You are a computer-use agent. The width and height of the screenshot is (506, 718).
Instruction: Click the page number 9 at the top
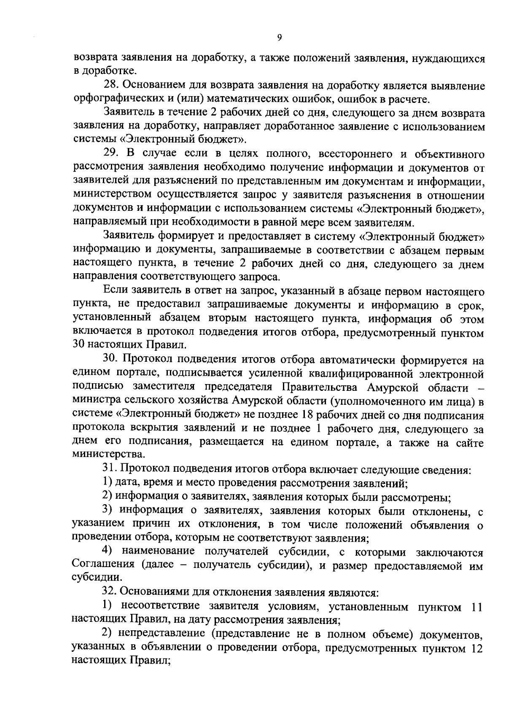280,38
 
